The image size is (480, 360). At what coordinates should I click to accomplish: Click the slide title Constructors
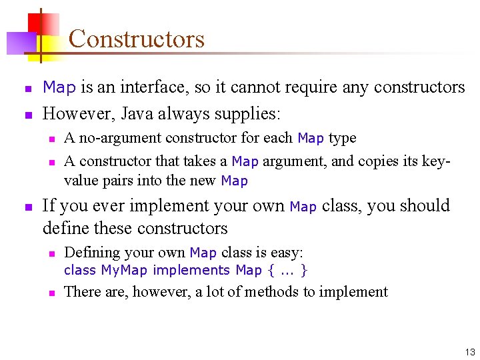click(x=136, y=39)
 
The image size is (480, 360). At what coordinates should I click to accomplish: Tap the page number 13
click(x=470, y=353)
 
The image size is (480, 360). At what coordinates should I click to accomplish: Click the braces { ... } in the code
click(x=287, y=270)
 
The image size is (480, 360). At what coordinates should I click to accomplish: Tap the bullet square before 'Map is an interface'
click(x=28, y=89)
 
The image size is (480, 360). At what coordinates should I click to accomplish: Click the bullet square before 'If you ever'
click(x=28, y=207)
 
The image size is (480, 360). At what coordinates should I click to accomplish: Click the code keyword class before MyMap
click(x=80, y=270)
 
